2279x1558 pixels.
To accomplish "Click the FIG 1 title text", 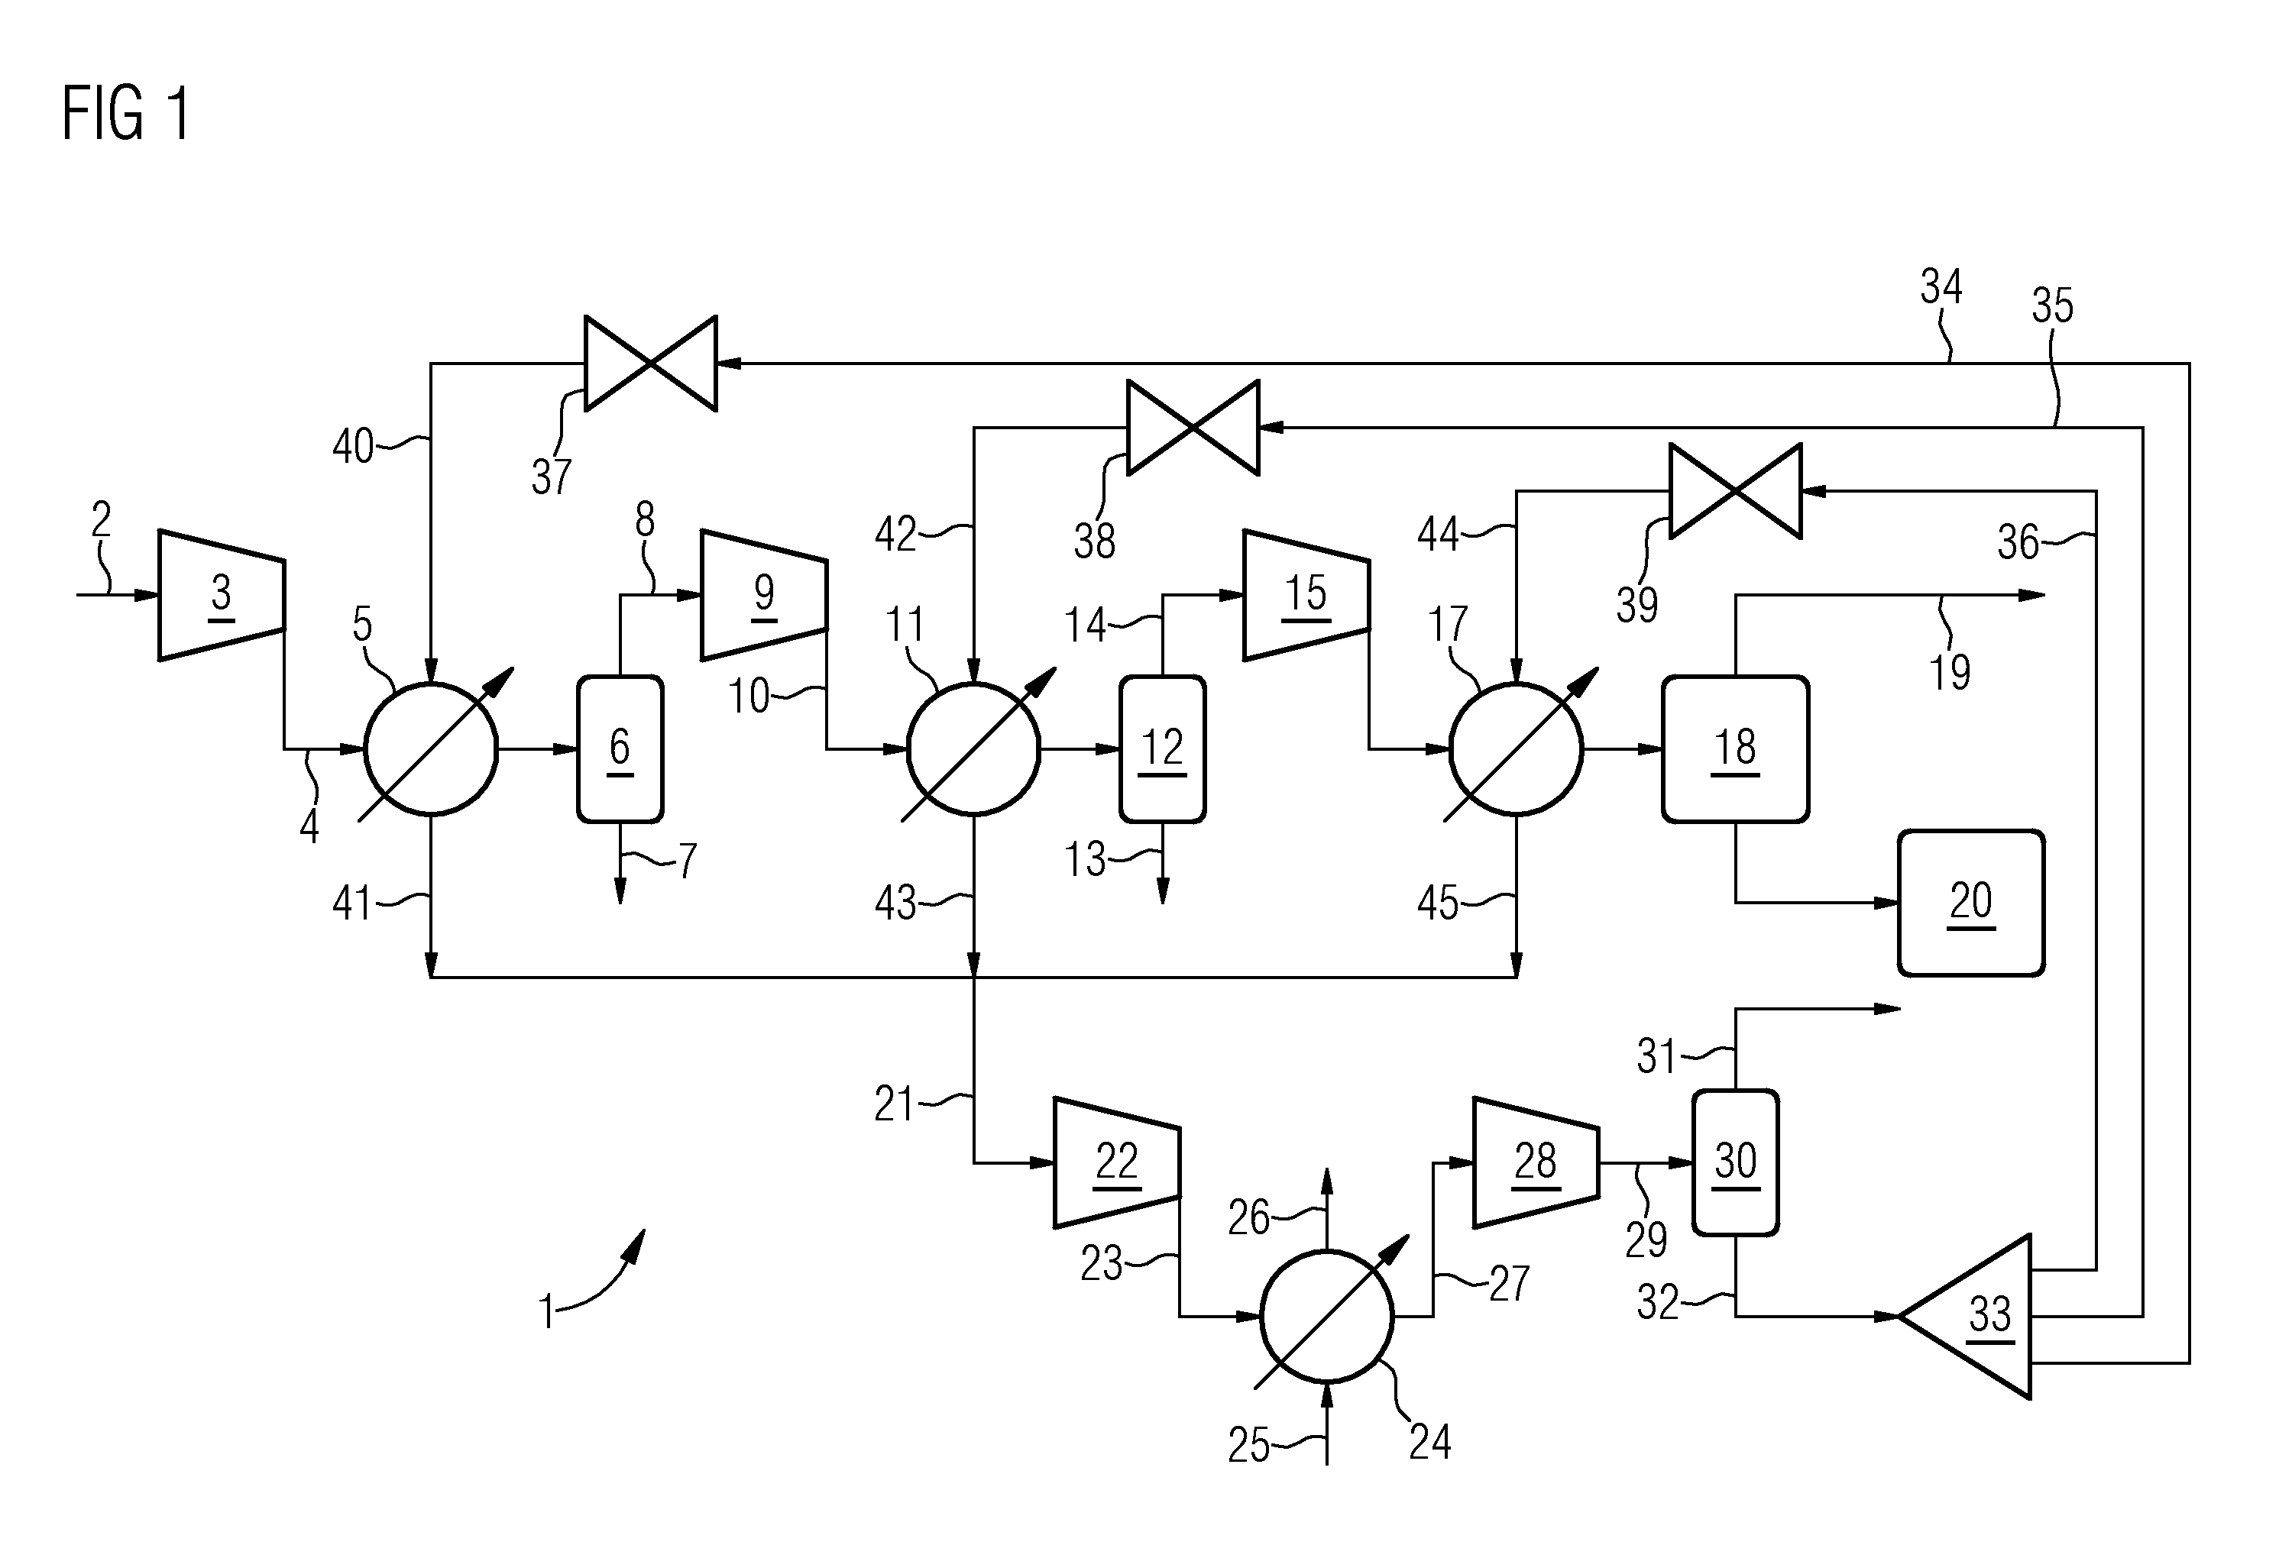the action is click(x=125, y=114).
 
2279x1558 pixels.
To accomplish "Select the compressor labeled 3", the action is click(x=222, y=595).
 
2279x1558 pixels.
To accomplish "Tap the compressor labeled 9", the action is click(x=764, y=595).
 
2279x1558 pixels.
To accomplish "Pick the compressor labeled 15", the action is click(x=1306, y=595).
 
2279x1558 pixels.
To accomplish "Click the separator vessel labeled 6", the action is click(x=620, y=749).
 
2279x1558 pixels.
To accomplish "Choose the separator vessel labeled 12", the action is click(x=1162, y=749).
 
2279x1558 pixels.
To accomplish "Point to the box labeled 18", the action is click(x=1735, y=749).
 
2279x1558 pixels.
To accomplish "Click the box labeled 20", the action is click(x=1971, y=903).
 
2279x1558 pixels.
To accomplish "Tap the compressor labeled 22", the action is click(x=1117, y=1163).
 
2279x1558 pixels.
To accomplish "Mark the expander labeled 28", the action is click(x=1536, y=1163).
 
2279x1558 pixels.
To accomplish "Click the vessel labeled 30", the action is click(x=1735, y=1163).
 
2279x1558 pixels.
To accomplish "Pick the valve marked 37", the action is click(x=651, y=364).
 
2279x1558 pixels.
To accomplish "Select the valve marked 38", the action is click(x=1193, y=428).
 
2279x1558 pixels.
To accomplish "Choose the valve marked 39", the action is click(x=1736, y=491).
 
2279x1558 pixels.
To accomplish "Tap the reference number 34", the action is click(x=1941, y=287).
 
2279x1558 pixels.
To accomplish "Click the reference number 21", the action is click(x=893, y=1105).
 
